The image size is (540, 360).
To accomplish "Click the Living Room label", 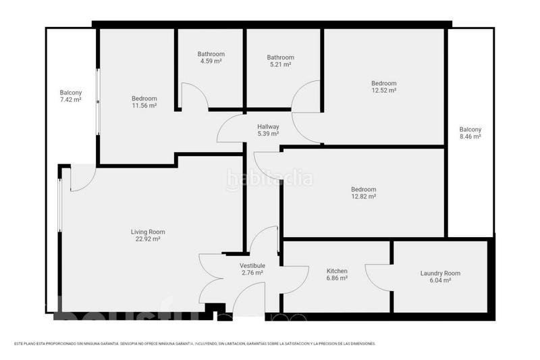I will [148, 232].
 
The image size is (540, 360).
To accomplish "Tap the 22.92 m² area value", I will [148, 239].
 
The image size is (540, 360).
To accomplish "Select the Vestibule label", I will [252, 265].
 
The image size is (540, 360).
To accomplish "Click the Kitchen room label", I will [337, 270].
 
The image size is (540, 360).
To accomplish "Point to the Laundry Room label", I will [440, 273].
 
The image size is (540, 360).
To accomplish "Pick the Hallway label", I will [268, 126].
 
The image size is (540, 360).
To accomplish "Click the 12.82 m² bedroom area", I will [364, 197].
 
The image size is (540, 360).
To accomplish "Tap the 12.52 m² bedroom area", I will [383, 91].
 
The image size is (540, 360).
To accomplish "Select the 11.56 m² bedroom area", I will [144, 106].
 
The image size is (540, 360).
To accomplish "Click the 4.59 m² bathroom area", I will [211, 61].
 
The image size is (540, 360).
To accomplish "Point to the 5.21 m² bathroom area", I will [280, 65].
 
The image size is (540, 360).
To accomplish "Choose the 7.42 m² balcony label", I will [70, 100].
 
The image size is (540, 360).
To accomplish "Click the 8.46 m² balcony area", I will [470, 136].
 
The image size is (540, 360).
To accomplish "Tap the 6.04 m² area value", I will [440, 280].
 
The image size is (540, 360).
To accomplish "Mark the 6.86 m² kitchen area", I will [337, 278].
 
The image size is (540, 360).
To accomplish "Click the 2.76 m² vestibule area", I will [252, 273].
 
